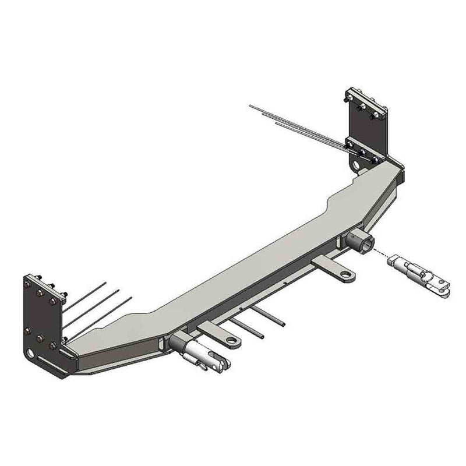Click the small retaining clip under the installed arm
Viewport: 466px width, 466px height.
point(201,366)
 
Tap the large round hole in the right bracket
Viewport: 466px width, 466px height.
point(356,165)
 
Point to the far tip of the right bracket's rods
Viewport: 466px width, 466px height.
point(250,105)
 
